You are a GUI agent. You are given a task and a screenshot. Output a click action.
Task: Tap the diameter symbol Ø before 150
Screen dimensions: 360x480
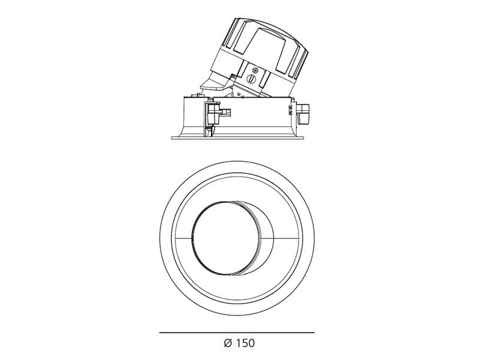click(x=227, y=343)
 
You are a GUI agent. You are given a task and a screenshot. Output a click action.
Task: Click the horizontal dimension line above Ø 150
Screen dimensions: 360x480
click(x=237, y=332)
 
